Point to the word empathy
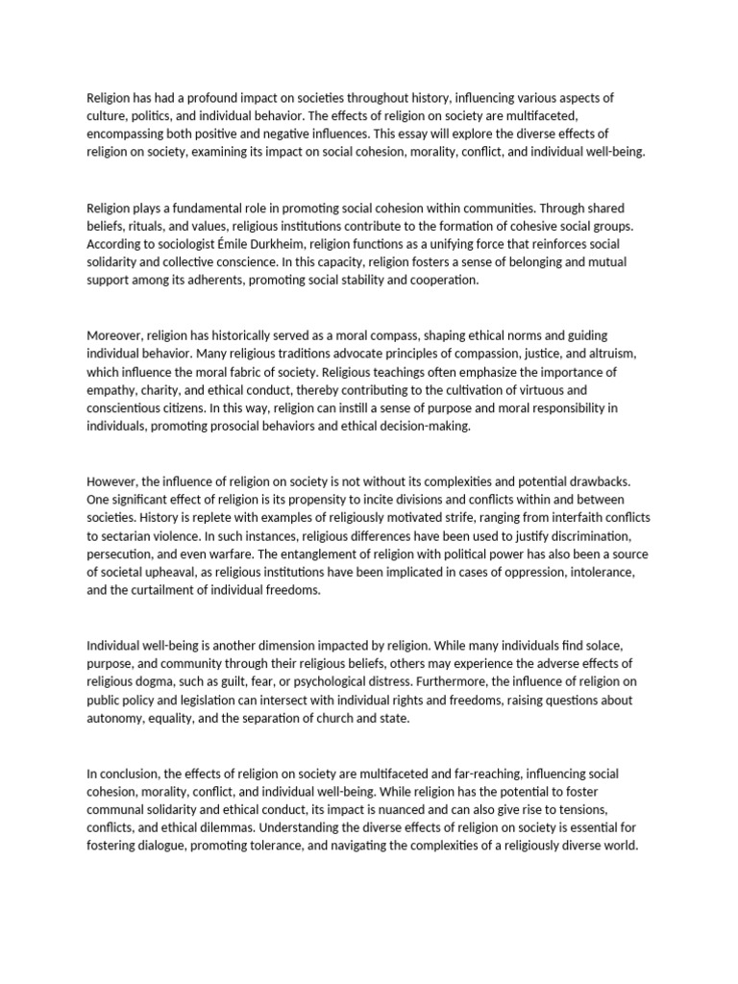point(112,390)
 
